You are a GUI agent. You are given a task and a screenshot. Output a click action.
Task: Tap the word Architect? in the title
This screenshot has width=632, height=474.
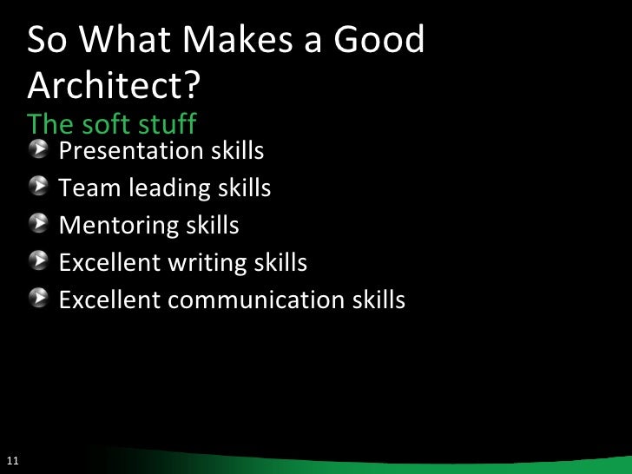115,84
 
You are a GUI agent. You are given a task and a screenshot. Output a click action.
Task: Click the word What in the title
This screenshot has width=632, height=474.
126,42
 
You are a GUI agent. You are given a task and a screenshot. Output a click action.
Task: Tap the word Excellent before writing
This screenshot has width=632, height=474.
109,262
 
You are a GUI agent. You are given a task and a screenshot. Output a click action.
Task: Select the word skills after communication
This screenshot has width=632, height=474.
379,300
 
